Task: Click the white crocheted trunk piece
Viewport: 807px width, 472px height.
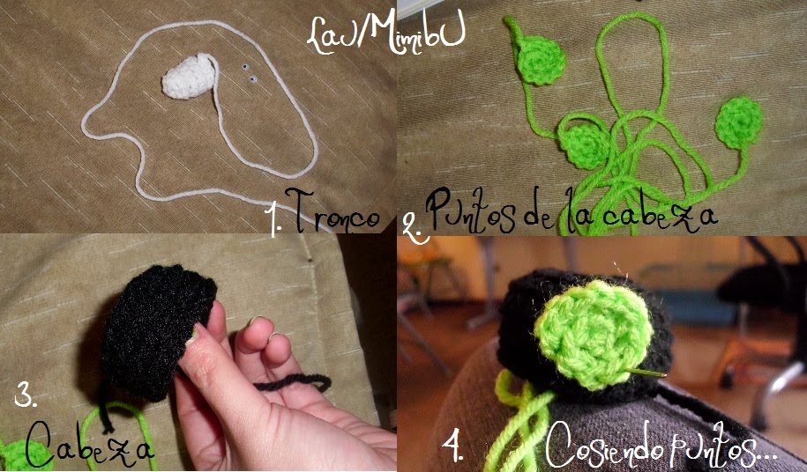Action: pos(190,76)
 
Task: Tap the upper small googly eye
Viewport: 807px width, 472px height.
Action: pos(245,67)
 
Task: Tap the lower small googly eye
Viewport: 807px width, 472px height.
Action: pos(253,79)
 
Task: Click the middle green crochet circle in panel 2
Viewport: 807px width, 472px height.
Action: pos(584,145)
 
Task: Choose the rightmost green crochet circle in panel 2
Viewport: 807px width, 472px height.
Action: pos(739,122)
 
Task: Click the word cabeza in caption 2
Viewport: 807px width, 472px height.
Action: pos(660,213)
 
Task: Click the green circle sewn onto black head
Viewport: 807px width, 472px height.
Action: pos(594,334)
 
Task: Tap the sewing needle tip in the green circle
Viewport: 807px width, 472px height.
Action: pos(665,375)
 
